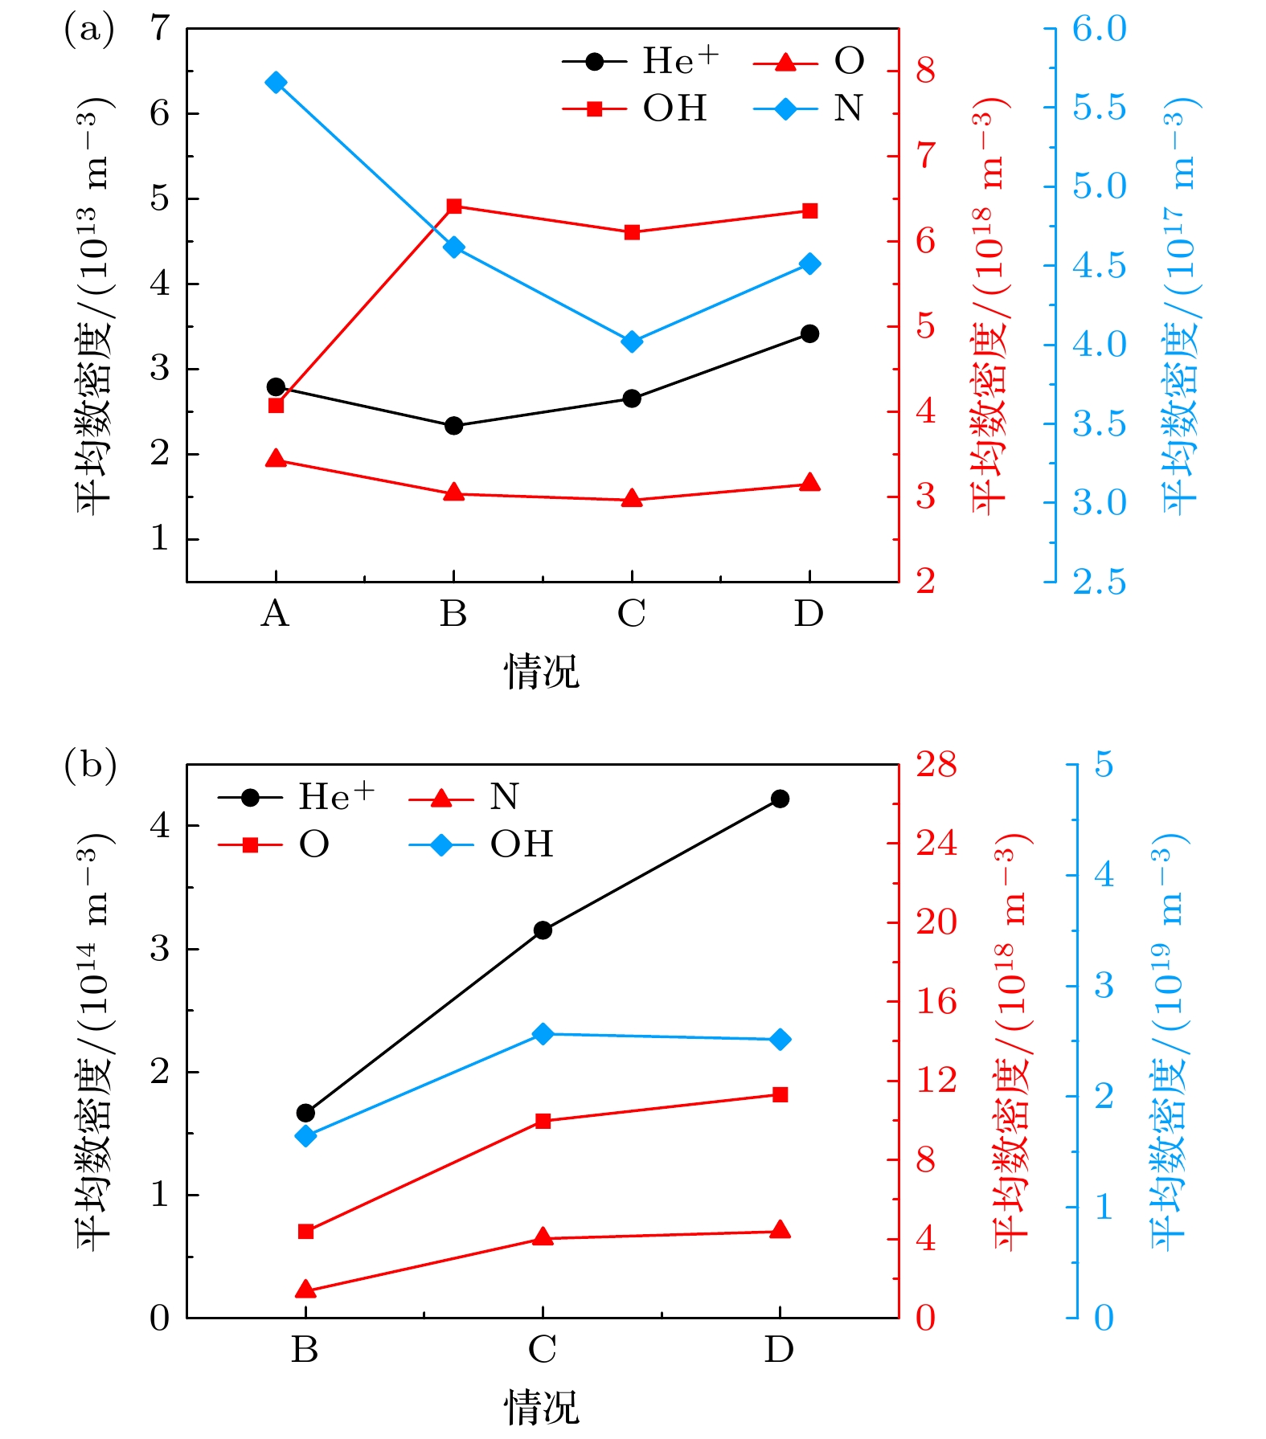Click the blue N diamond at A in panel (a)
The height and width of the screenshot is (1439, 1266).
(x=276, y=83)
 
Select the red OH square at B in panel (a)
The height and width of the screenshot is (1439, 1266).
(x=454, y=206)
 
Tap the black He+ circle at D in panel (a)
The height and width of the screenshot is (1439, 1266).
(x=809, y=333)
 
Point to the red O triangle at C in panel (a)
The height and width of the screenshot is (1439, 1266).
(x=632, y=499)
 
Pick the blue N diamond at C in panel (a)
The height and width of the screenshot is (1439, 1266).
(x=632, y=342)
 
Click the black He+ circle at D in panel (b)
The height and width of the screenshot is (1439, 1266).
(x=780, y=799)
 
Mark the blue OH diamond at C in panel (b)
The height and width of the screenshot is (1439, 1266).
(x=543, y=1034)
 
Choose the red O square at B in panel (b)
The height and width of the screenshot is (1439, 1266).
(x=305, y=1232)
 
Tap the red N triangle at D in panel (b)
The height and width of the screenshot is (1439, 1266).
(x=780, y=1230)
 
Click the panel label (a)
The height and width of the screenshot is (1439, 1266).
(x=89, y=31)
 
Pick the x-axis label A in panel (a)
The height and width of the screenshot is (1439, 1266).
(x=275, y=615)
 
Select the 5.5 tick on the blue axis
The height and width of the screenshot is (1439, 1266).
(x=1100, y=108)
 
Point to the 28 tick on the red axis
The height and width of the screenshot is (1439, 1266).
(x=936, y=765)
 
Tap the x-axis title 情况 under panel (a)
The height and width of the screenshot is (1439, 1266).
(x=542, y=672)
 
